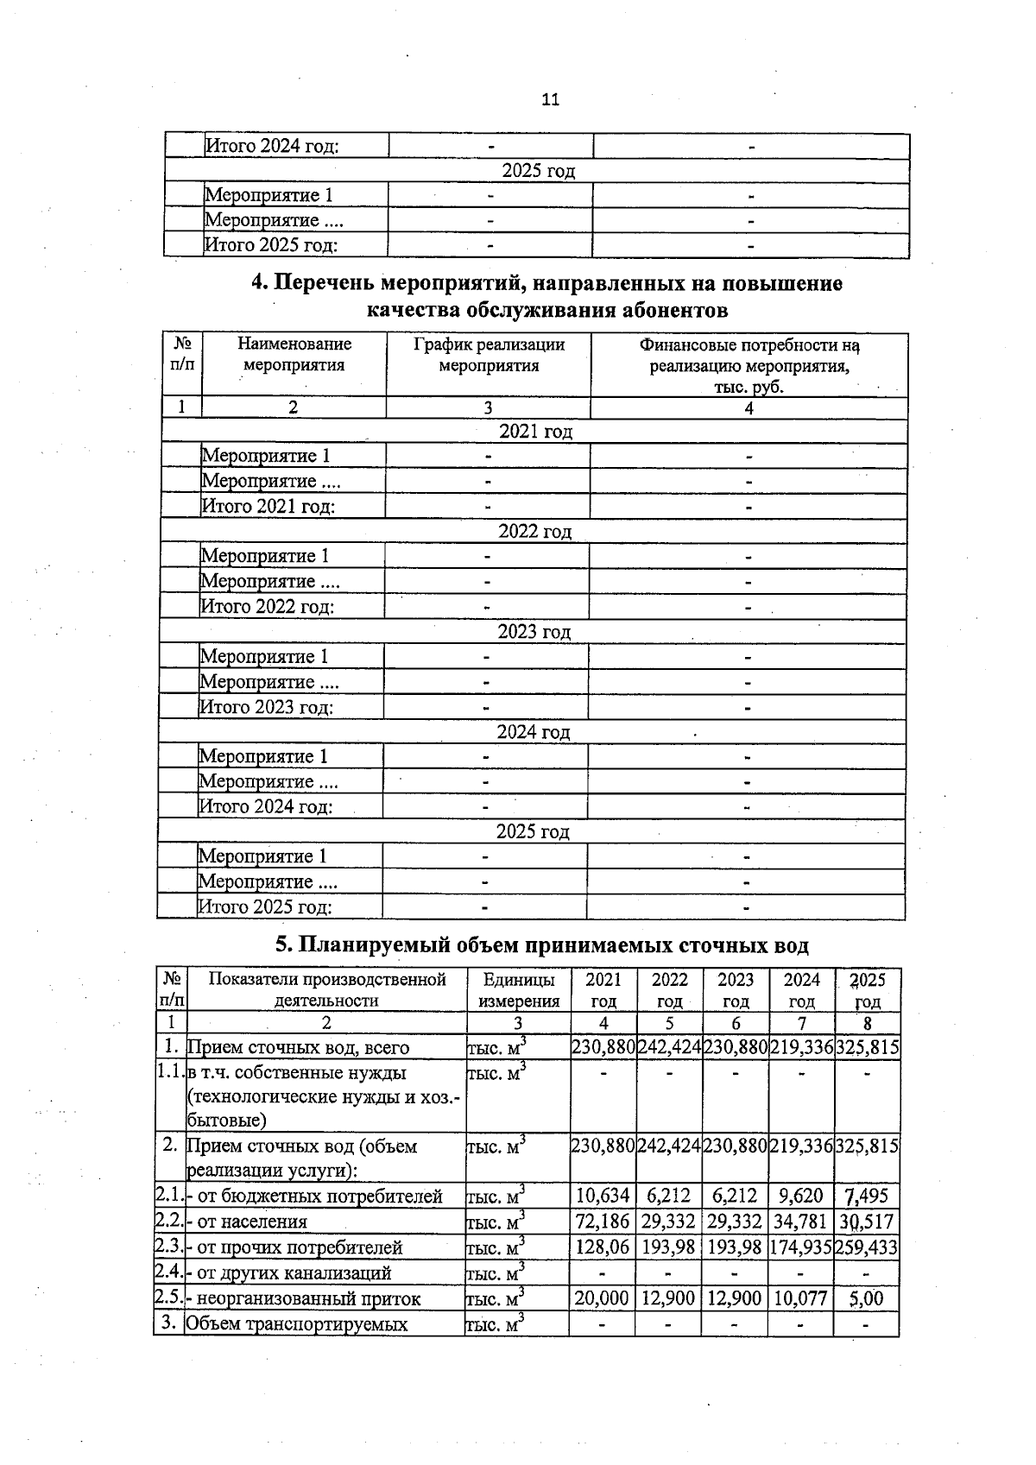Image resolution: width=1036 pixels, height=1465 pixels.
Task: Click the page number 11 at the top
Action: point(550,99)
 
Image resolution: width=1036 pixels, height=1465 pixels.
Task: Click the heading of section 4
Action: point(546,296)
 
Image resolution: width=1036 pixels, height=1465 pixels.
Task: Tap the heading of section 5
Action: point(541,945)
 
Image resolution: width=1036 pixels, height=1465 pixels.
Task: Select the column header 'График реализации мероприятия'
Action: point(489,355)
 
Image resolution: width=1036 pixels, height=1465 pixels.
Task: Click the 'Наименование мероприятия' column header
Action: point(294,355)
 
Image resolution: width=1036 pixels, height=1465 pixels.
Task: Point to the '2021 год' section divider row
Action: point(535,431)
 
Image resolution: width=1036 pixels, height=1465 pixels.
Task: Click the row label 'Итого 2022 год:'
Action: point(268,607)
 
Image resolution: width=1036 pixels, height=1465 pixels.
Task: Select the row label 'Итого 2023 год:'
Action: point(267,708)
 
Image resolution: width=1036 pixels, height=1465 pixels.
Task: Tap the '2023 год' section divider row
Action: point(534,632)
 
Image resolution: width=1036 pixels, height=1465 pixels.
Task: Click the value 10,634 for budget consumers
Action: point(603,1196)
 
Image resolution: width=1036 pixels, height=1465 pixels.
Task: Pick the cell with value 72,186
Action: point(603,1222)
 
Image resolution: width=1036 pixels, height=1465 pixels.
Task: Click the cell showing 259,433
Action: point(866,1247)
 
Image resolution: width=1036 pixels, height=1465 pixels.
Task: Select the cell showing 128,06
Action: point(603,1247)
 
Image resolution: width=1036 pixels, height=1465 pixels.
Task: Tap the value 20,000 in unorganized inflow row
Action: point(602,1298)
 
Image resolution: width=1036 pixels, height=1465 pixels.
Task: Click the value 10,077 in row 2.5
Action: point(800,1298)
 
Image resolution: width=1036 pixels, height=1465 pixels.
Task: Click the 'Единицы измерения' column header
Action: point(518,990)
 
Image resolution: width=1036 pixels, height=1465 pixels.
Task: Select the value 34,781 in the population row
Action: point(800,1222)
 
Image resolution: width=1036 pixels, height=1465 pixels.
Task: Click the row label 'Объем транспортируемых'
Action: point(297,1323)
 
